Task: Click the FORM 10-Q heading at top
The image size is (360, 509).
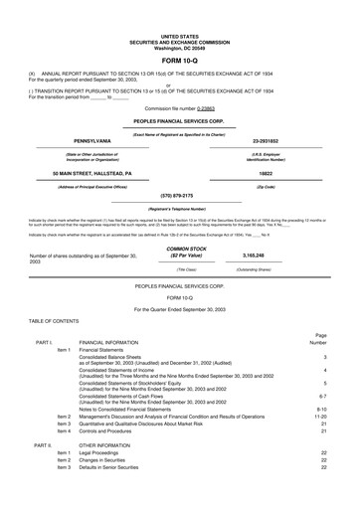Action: (x=179, y=34)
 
